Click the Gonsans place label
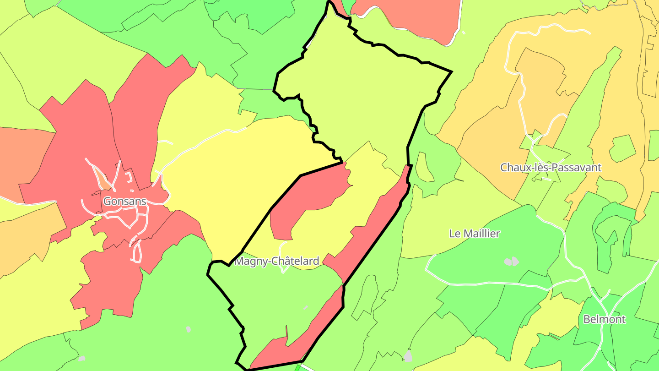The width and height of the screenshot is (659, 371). pos(124,201)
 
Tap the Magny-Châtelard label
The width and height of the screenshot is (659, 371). pos(276,262)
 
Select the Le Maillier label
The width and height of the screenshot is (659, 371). pos(475,234)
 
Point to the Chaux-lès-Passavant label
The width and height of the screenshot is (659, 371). pos(551,167)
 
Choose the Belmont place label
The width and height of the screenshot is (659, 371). pos(604,319)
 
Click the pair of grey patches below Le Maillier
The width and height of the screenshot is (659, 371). pos(512,262)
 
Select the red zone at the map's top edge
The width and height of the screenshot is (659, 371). pos(407,18)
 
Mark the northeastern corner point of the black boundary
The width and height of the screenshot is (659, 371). pos(451,71)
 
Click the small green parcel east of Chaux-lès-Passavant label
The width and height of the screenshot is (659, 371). pos(622,148)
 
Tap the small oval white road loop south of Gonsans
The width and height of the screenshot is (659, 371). pos(136,251)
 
